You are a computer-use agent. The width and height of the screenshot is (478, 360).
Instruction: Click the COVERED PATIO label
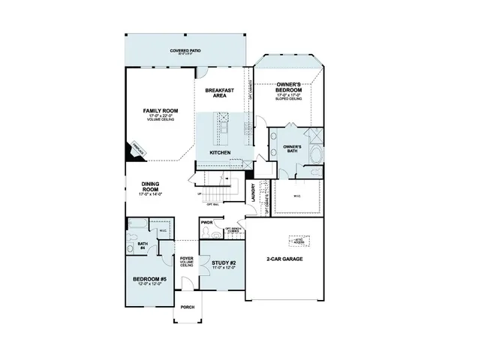184,52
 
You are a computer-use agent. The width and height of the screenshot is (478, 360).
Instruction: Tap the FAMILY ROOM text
161,111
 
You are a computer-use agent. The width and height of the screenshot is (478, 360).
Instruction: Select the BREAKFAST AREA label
220,92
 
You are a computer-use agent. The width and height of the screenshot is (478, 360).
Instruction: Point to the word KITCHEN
219,152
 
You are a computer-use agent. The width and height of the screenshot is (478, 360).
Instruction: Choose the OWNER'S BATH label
292,148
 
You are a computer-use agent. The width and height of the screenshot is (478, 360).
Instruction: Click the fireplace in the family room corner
137,151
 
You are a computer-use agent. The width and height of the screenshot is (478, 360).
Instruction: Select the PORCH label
187,307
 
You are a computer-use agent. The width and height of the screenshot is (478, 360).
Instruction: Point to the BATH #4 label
143,246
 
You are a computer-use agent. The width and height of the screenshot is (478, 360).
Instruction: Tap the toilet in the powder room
208,233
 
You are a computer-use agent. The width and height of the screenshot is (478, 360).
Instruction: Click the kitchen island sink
222,118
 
